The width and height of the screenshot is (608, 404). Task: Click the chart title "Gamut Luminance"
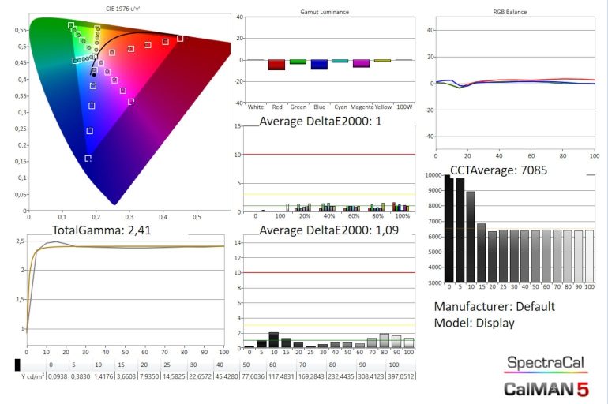coord(325,13)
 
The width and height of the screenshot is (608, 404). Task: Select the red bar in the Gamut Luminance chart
coord(276,65)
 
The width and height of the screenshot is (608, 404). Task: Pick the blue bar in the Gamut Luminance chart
coord(319,65)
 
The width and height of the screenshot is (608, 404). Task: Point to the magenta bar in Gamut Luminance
coord(361,63)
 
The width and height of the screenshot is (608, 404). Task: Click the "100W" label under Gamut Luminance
coord(403,105)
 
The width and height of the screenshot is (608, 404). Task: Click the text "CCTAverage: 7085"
coord(498,169)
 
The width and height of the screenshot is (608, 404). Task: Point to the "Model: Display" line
coord(474,323)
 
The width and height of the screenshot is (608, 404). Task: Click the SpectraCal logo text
coord(546,363)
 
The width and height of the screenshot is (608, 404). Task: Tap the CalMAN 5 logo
coord(546,388)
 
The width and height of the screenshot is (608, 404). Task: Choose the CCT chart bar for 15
coord(481,252)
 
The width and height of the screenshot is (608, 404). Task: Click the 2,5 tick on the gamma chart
coord(20,241)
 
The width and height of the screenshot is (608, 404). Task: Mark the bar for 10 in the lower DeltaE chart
coord(274,339)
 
